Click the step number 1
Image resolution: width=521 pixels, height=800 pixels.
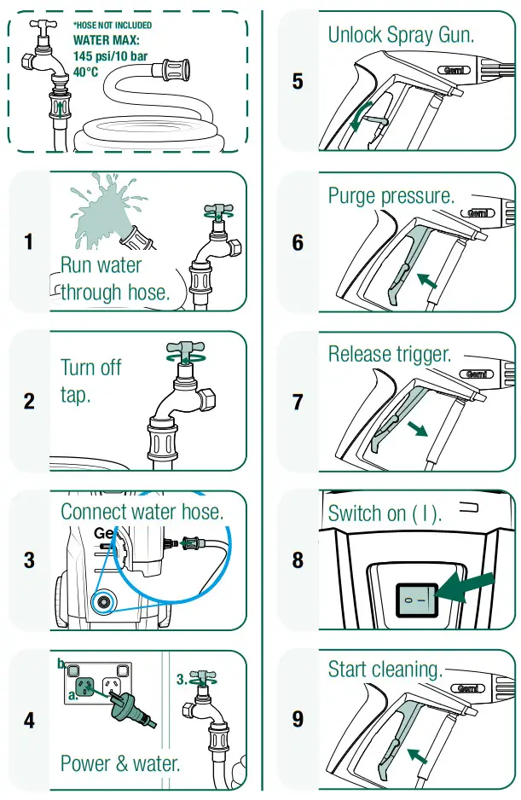click(x=29, y=242)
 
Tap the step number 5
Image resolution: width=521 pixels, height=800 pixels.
click(x=297, y=82)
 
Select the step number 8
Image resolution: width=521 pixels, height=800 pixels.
click(x=297, y=559)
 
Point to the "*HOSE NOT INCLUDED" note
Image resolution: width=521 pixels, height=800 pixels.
click(x=113, y=26)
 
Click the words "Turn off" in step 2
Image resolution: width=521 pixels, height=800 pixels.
click(x=90, y=368)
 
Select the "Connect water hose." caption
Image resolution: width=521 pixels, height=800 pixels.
click(x=142, y=512)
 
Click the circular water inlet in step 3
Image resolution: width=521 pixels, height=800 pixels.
click(x=104, y=600)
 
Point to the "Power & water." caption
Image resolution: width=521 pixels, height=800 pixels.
click(x=120, y=762)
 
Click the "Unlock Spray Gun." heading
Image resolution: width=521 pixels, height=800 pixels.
click(x=401, y=35)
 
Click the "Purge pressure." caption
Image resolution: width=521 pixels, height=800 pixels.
click(x=391, y=195)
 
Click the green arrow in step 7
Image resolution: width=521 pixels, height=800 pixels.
click(x=416, y=427)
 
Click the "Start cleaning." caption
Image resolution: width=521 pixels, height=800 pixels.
click(x=385, y=670)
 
